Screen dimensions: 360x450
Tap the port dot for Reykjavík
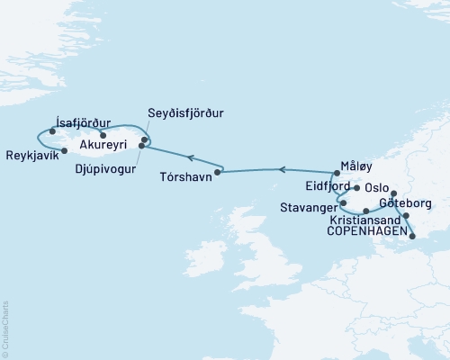coord(63,150)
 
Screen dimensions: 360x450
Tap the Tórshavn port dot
coord(220,171)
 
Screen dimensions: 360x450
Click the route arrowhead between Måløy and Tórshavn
coord(282,168)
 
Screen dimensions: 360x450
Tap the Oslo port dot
coord(358,188)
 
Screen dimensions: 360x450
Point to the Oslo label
coord(376,189)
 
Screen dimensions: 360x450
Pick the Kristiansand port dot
coord(365,211)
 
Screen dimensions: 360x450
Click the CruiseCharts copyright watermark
coord(5,329)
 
